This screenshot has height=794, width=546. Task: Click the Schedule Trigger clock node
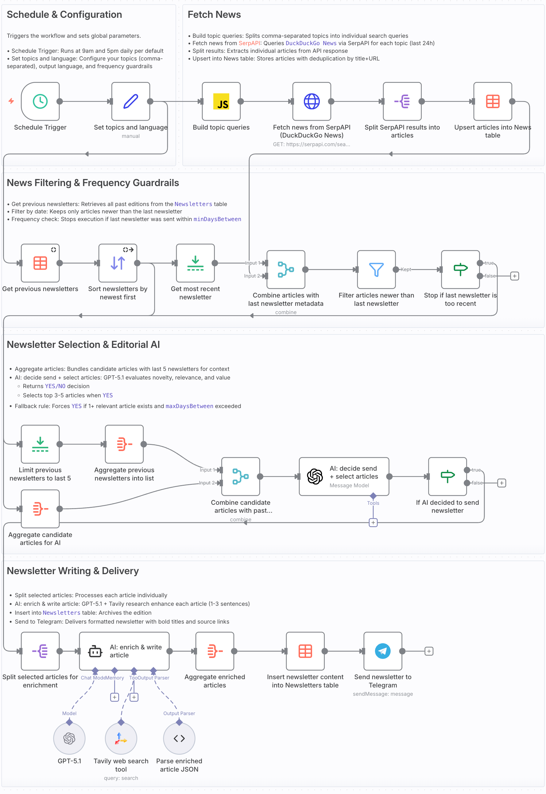(x=40, y=101)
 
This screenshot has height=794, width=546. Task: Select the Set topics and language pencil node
(x=131, y=101)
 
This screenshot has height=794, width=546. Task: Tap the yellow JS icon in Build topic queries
(x=221, y=102)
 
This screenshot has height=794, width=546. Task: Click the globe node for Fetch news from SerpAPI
(x=312, y=101)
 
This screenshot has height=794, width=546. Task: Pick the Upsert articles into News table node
(x=493, y=101)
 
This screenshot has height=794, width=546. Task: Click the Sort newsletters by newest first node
(x=118, y=263)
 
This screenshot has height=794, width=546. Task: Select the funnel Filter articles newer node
(x=376, y=269)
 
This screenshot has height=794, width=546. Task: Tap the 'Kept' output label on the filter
(x=406, y=269)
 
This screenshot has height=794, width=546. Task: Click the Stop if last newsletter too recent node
(x=460, y=269)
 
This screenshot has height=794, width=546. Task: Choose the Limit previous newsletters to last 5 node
(x=40, y=444)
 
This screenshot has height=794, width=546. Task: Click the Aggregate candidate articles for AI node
(x=40, y=508)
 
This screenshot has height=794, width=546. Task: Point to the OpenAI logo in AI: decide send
(x=315, y=477)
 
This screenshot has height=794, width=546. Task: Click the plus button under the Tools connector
(x=373, y=523)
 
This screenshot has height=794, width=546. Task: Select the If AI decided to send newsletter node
(x=447, y=477)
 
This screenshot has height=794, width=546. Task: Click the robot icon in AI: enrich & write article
(x=95, y=651)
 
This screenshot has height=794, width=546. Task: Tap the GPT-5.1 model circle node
(x=69, y=738)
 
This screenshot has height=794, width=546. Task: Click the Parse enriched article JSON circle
(x=179, y=738)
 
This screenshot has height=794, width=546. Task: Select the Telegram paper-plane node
(x=383, y=651)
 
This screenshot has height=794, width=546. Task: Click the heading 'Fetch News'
(x=214, y=15)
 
